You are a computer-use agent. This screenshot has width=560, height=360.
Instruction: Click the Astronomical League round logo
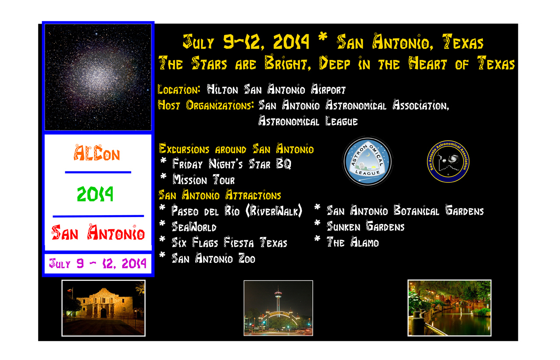click(x=367, y=161)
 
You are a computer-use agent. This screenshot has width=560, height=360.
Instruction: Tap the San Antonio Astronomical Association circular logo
click(x=448, y=161)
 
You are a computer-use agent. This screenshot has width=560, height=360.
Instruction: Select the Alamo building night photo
click(x=104, y=308)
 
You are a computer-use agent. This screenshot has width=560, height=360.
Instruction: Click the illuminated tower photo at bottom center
click(x=278, y=308)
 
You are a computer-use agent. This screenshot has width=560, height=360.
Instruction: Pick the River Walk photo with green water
click(x=449, y=308)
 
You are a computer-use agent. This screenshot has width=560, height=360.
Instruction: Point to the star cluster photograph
click(x=98, y=77)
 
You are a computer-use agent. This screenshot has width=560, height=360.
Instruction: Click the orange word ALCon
click(x=97, y=153)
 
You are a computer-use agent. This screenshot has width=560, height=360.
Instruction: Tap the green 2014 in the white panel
click(x=95, y=194)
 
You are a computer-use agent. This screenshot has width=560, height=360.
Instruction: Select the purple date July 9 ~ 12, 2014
click(x=98, y=263)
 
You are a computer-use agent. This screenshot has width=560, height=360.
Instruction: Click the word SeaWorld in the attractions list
click(x=194, y=227)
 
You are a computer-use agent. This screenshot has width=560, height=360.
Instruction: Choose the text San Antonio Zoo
click(x=213, y=258)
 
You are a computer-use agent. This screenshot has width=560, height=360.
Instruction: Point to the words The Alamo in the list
click(x=353, y=242)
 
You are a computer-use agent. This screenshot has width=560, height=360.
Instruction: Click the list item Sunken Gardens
click(x=365, y=226)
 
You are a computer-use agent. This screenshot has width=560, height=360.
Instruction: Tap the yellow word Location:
click(x=179, y=90)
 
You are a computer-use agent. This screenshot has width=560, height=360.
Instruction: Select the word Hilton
click(x=223, y=89)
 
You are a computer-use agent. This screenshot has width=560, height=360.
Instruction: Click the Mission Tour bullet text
click(x=204, y=179)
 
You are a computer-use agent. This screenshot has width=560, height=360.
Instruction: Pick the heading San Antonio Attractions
click(x=220, y=195)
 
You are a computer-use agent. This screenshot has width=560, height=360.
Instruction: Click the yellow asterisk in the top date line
click(x=323, y=37)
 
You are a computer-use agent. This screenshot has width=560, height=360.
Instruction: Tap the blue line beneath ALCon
click(x=98, y=172)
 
